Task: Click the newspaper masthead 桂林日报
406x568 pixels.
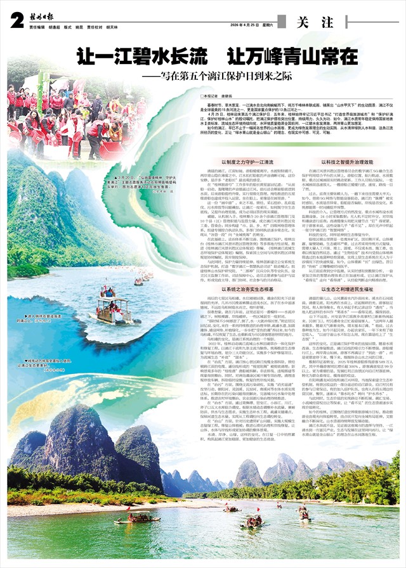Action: click(43, 18)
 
